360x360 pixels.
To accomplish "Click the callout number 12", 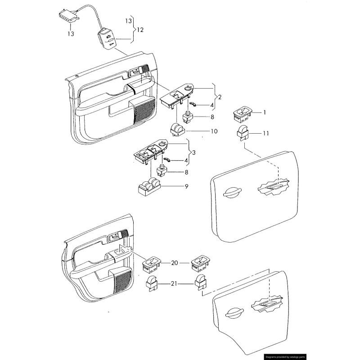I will click(x=140, y=30).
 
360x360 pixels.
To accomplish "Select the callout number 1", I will click(x=265, y=112).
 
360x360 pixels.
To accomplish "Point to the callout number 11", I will click(x=266, y=134).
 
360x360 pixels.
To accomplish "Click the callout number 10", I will click(x=214, y=131).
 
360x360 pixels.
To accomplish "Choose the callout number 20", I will click(x=174, y=263).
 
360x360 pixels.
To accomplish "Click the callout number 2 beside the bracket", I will click(x=220, y=97).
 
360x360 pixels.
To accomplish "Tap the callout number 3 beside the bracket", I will click(x=193, y=153).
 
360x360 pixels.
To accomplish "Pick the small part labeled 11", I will click(x=243, y=133).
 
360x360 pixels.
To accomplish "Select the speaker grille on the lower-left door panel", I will click(x=121, y=279).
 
